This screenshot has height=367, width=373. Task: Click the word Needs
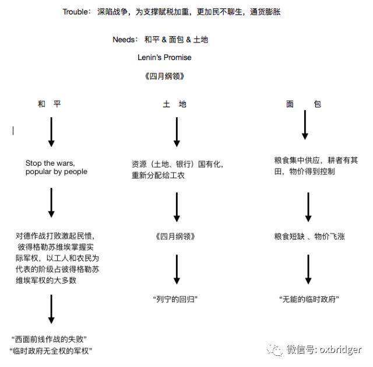coord(124,40)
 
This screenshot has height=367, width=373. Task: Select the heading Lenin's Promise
coord(164,57)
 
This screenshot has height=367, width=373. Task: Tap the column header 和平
coord(49,104)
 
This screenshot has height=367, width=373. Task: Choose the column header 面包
coord(303,104)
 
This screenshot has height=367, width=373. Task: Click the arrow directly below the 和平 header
coord(51,132)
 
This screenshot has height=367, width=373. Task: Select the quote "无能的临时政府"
coord(309,299)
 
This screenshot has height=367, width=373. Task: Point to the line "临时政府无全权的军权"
coord(52,350)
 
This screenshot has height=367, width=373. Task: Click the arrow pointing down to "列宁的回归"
coord(176,269)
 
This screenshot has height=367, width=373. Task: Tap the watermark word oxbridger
coord(339,349)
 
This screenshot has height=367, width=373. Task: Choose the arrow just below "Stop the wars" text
coord(51,202)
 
